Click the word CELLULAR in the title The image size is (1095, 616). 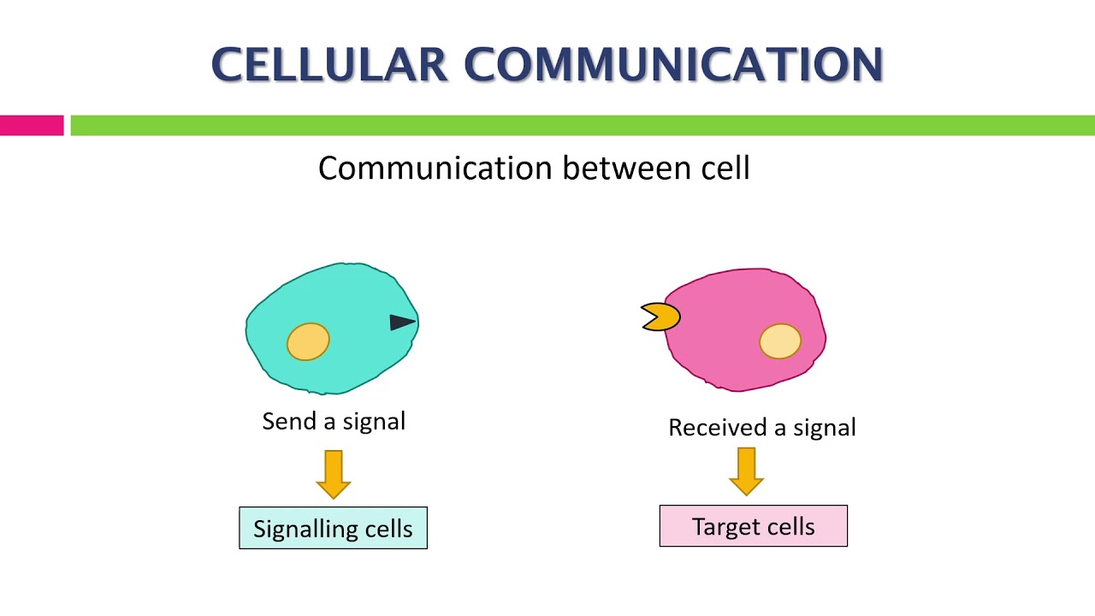point(328,65)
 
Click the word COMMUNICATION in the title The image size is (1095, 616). point(673,65)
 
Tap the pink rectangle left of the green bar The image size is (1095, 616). point(32,126)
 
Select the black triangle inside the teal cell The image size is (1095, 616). point(401,322)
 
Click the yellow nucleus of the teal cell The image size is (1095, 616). point(308,341)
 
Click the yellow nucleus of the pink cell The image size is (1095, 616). point(779,341)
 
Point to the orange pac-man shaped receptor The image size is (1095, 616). point(661,317)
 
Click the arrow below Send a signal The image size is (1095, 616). point(333,474)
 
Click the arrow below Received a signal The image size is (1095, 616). point(746,471)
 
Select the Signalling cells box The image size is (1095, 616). point(333,528)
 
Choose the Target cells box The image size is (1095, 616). point(753,526)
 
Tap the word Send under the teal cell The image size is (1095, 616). point(288,421)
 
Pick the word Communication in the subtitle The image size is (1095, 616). point(436,168)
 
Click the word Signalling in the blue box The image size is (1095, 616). point(306,530)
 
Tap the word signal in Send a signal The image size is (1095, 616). point(375,422)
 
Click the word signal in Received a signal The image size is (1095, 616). point(825,429)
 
